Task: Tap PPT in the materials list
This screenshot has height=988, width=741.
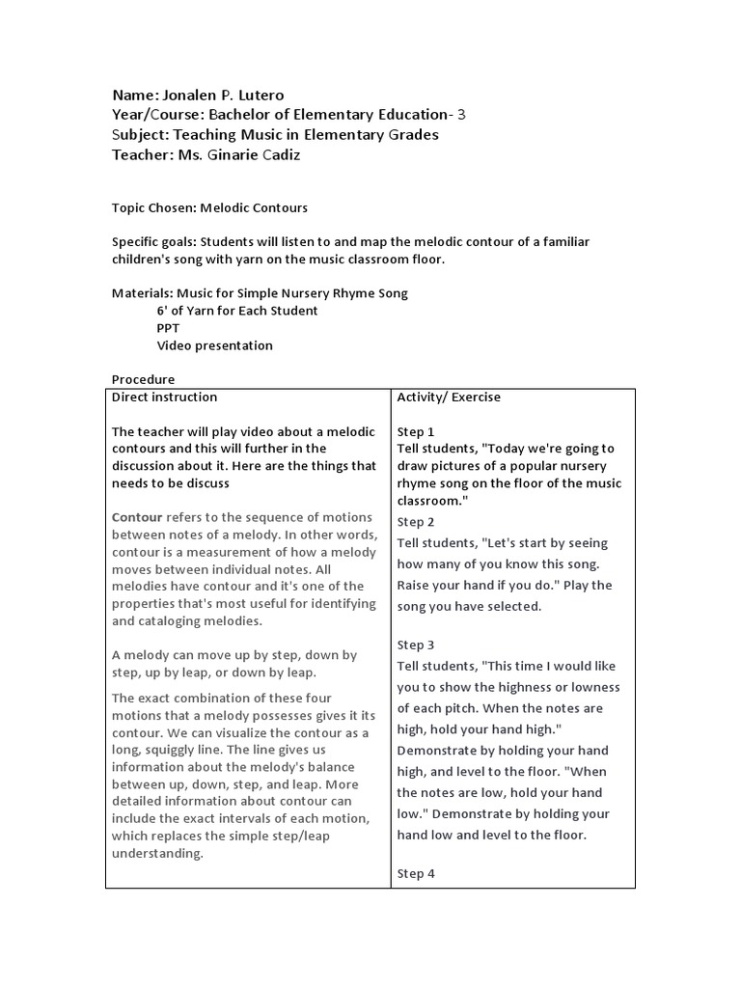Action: (x=168, y=328)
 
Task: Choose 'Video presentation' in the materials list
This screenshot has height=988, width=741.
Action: (x=214, y=345)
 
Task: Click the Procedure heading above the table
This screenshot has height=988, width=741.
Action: (x=144, y=379)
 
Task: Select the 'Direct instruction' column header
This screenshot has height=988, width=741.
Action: (x=165, y=397)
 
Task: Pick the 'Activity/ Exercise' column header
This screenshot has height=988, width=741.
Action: (x=449, y=397)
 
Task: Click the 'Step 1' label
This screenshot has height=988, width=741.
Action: (x=416, y=431)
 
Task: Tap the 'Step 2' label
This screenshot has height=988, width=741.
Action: (x=416, y=522)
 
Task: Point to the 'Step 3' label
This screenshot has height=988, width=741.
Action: (x=416, y=645)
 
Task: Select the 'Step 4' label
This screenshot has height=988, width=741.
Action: (x=416, y=873)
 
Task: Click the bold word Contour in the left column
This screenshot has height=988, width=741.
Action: (x=137, y=517)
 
